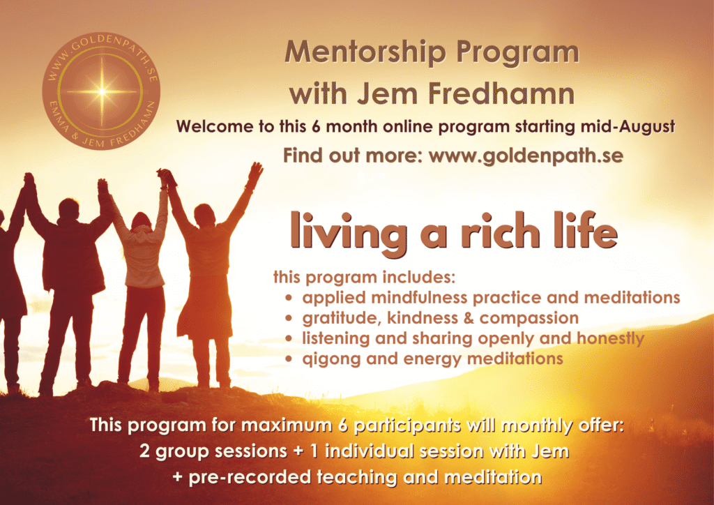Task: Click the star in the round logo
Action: click(x=102, y=91)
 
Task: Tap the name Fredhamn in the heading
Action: click(x=501, y=93)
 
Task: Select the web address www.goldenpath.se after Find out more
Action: click(x=526, y=156)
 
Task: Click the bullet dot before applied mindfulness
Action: click(x=288, y=299)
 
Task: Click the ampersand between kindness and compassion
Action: click(x=469, y=318)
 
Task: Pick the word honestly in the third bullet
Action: click(x=610, y=338)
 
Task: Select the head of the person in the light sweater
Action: click(x=141, y=221)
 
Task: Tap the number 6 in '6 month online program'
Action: click(x=316, y=126)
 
